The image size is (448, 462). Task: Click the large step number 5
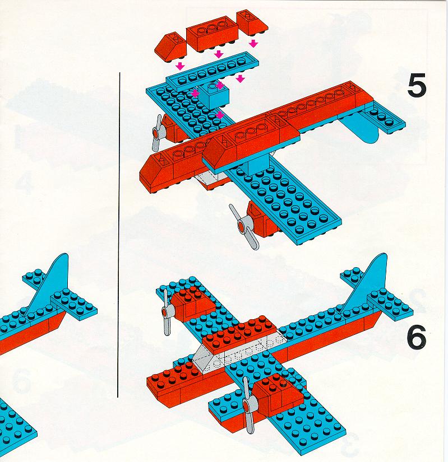click(x=417, y=86)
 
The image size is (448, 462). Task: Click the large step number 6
click(x=417, y=337)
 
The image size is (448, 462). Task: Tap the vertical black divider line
click(x=119, y=235)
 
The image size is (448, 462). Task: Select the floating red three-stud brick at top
click(x=213, y=34)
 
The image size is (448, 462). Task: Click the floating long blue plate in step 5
click(x=213, y=72)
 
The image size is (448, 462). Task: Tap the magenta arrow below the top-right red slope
click(x=253, y=44)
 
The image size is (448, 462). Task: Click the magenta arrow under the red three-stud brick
click(x=219, y=54)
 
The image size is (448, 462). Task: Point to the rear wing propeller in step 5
click(x=157, y=133)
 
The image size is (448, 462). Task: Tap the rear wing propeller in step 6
click(x=167, y=312)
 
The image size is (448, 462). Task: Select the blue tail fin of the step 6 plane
click(x=366, y=284)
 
